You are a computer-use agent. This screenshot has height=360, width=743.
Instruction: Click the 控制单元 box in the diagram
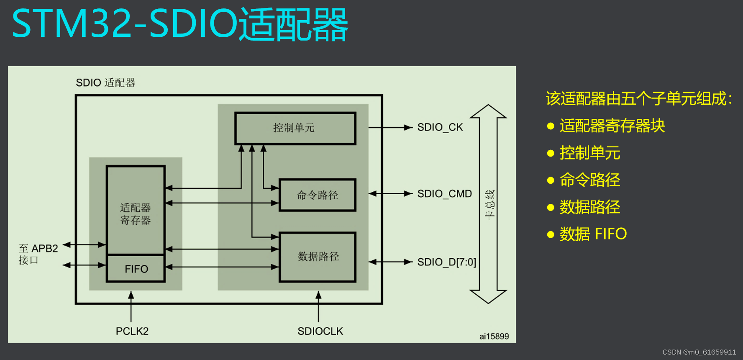click(295, 128)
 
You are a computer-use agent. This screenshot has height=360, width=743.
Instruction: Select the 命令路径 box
click(317, 195)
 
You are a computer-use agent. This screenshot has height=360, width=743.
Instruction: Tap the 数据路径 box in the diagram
click(318, 257)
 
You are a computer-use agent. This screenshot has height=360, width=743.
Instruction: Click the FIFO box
click(136, 269)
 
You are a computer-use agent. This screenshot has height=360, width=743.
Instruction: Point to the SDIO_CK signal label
click(440, 127)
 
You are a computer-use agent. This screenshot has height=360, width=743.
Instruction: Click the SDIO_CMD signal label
click(444, 194)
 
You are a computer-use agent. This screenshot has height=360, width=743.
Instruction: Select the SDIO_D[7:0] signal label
click(446, 262)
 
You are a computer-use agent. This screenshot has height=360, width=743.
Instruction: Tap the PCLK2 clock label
click(132, 331)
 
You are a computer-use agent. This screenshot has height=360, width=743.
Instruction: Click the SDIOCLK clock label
click(320, 331)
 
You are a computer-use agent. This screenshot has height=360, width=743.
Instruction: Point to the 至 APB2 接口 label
click(38, 254)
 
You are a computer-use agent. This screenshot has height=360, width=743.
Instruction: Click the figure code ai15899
click(494, 336)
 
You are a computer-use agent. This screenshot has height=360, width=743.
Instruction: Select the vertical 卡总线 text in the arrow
click(489, 204)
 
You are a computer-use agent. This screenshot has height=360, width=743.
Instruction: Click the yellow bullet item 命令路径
click(589, 180)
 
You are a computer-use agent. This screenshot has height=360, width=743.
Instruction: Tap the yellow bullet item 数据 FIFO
click(593, 234)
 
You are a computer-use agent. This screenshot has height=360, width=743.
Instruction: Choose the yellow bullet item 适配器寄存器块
click(612, 126)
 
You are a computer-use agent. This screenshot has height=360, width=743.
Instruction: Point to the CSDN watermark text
click(699, 352)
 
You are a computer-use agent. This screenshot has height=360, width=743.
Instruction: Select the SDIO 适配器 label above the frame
click(105, 82)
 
